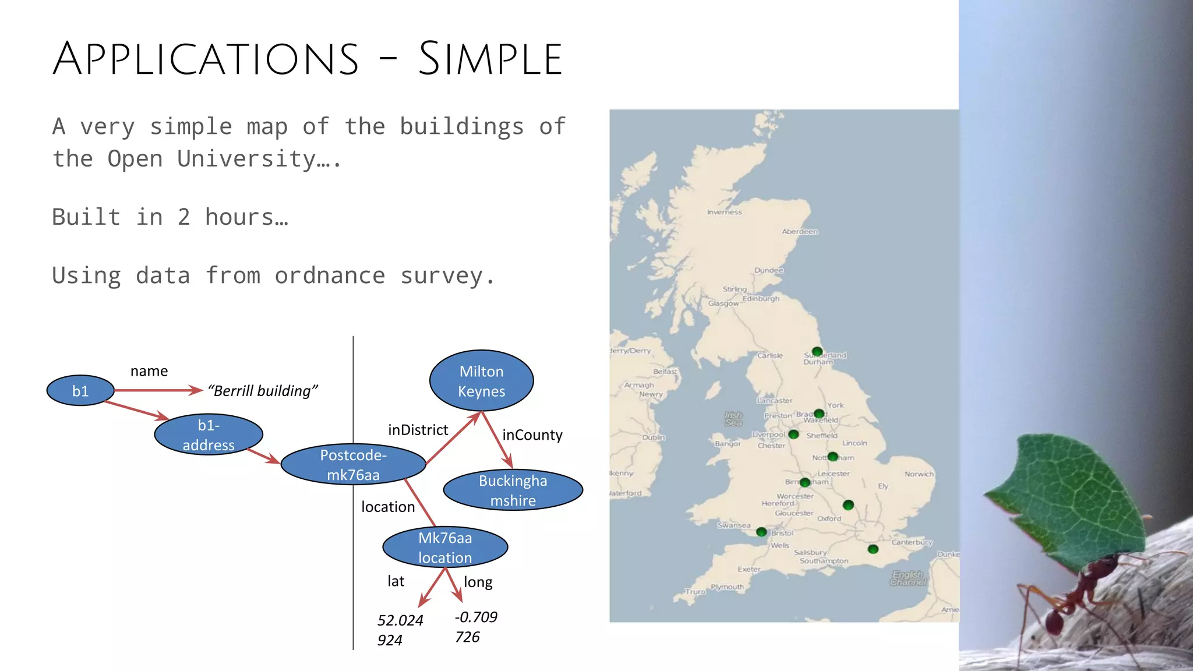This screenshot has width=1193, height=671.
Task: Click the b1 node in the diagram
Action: click(x=80, y=391)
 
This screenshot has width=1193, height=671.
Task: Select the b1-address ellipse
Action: click(x=209, y=435)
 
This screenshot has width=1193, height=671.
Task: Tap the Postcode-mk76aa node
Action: click(x=353, y=465)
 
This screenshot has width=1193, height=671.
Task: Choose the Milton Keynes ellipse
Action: click(x=481, y=381)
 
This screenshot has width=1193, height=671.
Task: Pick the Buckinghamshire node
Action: click(x=513, y=490)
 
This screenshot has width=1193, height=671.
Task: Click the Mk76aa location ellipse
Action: click(x=445, y=548)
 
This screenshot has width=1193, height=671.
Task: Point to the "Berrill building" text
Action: click(x=263, y=391)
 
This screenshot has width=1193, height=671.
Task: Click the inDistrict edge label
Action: click(x=418, y=430)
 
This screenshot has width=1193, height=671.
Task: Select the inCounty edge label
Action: click(x=532, y=435)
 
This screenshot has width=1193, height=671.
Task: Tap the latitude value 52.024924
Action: click(x=400, y=630)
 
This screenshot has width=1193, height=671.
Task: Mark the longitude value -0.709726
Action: click(x=475, y=627)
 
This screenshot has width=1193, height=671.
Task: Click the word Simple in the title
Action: click(x=490, y=59)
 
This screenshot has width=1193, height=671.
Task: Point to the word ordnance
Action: click(x=330, y=276)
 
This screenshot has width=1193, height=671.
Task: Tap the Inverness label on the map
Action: click(x=724, y=213)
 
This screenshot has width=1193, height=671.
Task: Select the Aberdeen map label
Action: click(x=799, y=232)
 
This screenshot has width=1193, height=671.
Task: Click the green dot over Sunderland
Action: click(x=817, y=352)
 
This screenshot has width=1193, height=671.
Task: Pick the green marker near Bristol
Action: click(x=761, y=532)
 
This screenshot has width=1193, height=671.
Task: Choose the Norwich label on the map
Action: click(x=919, y=474)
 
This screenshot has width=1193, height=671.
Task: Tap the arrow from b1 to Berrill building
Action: click(x=158, y=390)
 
